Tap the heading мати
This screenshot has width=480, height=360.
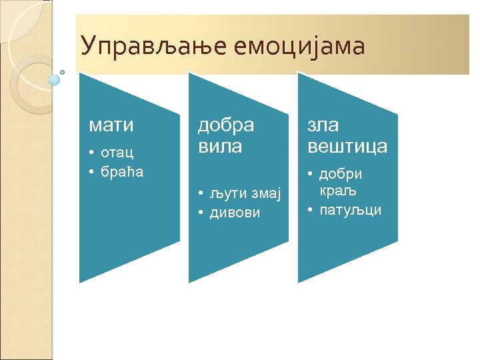tap(112, 125)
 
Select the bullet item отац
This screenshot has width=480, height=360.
tap(117, 153)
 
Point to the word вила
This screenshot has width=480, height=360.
tap(221, 146)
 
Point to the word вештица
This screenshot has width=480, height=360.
tap(347, 146)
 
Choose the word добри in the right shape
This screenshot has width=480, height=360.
tap(341, 174)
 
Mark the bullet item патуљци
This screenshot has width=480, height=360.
tap(351, 210)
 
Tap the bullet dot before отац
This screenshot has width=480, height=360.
tap(91, 153)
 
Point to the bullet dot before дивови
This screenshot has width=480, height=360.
tap(201, 213)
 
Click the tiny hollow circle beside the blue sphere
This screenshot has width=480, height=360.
tap(63, 71)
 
